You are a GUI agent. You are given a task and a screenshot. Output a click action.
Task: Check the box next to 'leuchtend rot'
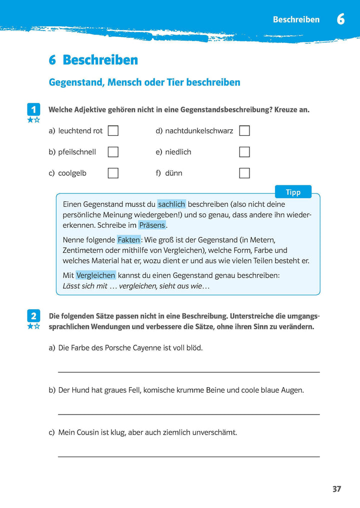tap(113, 131)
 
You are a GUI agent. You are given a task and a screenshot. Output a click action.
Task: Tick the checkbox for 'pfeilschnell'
tap(113, 152)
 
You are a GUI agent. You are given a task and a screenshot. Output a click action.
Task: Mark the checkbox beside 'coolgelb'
tap(113, 173)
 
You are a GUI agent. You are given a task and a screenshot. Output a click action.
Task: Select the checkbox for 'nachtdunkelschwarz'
tap(244, 131)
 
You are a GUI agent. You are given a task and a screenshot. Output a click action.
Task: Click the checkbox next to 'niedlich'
tap(244, 152)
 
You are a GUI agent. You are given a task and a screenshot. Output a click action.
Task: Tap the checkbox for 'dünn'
tap(244, 173)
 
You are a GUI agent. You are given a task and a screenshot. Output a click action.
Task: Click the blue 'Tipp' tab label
tap(293, 192)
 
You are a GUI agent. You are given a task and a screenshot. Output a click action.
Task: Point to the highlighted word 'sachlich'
tap(171, 204)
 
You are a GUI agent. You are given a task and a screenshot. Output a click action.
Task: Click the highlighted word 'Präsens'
tap(151, 225)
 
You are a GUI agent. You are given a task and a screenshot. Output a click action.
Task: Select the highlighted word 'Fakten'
tap(128, 240)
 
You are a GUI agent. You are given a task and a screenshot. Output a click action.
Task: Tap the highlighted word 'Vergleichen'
tap(95, 275)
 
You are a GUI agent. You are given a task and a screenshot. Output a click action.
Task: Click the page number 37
tap(336, 489)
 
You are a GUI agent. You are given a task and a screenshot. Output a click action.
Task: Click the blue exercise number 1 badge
tap(33, 109)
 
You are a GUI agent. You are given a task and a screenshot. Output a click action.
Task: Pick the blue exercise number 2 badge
tap(33, 316)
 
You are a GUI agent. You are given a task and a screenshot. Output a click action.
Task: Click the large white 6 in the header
tap(340, 19)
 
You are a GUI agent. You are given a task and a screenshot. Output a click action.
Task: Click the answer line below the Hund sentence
tap(189, 414)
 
